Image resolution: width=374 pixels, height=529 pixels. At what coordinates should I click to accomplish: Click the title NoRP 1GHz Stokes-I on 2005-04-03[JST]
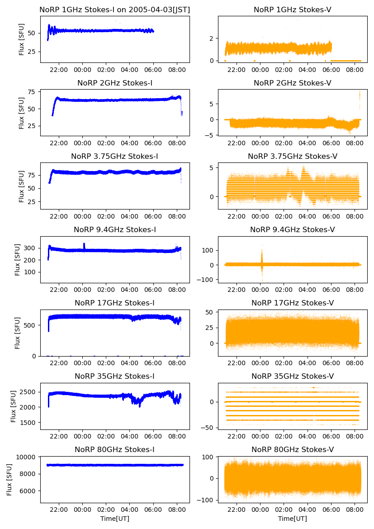pos(115,10)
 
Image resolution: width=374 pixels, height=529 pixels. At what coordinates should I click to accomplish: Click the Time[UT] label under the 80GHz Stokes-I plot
pos(115,519)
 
